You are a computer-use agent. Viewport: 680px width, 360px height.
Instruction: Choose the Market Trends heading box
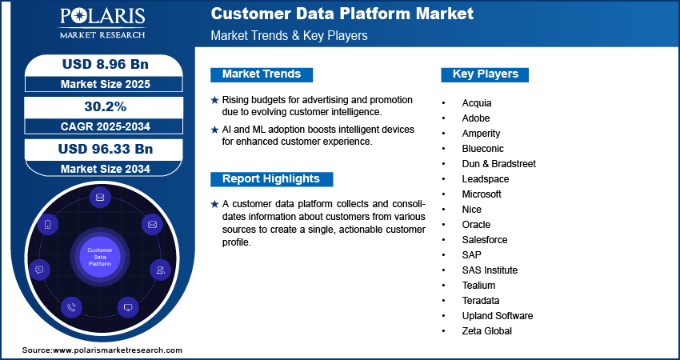[262, 74]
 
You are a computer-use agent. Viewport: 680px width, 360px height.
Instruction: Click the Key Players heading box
[486, 74]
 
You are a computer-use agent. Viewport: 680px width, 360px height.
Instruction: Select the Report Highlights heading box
[271, 178]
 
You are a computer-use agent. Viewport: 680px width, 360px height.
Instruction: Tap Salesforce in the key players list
[485, 240]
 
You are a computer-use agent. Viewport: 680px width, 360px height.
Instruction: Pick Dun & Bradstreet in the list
[498, 164]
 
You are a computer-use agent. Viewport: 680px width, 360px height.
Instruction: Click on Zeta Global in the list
[486, 331]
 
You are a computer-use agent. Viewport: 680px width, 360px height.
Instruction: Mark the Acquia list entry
[477, 103]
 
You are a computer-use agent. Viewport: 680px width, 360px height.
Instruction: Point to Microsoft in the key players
[482, 194]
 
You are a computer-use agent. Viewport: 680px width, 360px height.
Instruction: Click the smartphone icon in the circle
[48, 225]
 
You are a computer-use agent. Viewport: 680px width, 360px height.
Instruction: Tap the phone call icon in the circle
[72, 306]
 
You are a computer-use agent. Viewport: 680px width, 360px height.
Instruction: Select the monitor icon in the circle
[127, 306]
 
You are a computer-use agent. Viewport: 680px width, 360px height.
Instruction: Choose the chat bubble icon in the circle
[39, 270]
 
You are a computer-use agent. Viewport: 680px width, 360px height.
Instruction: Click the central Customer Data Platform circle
[100, 257]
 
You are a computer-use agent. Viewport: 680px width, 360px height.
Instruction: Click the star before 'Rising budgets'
[214, 100]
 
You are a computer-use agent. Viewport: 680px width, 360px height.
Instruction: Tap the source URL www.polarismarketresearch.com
[118, 350]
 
